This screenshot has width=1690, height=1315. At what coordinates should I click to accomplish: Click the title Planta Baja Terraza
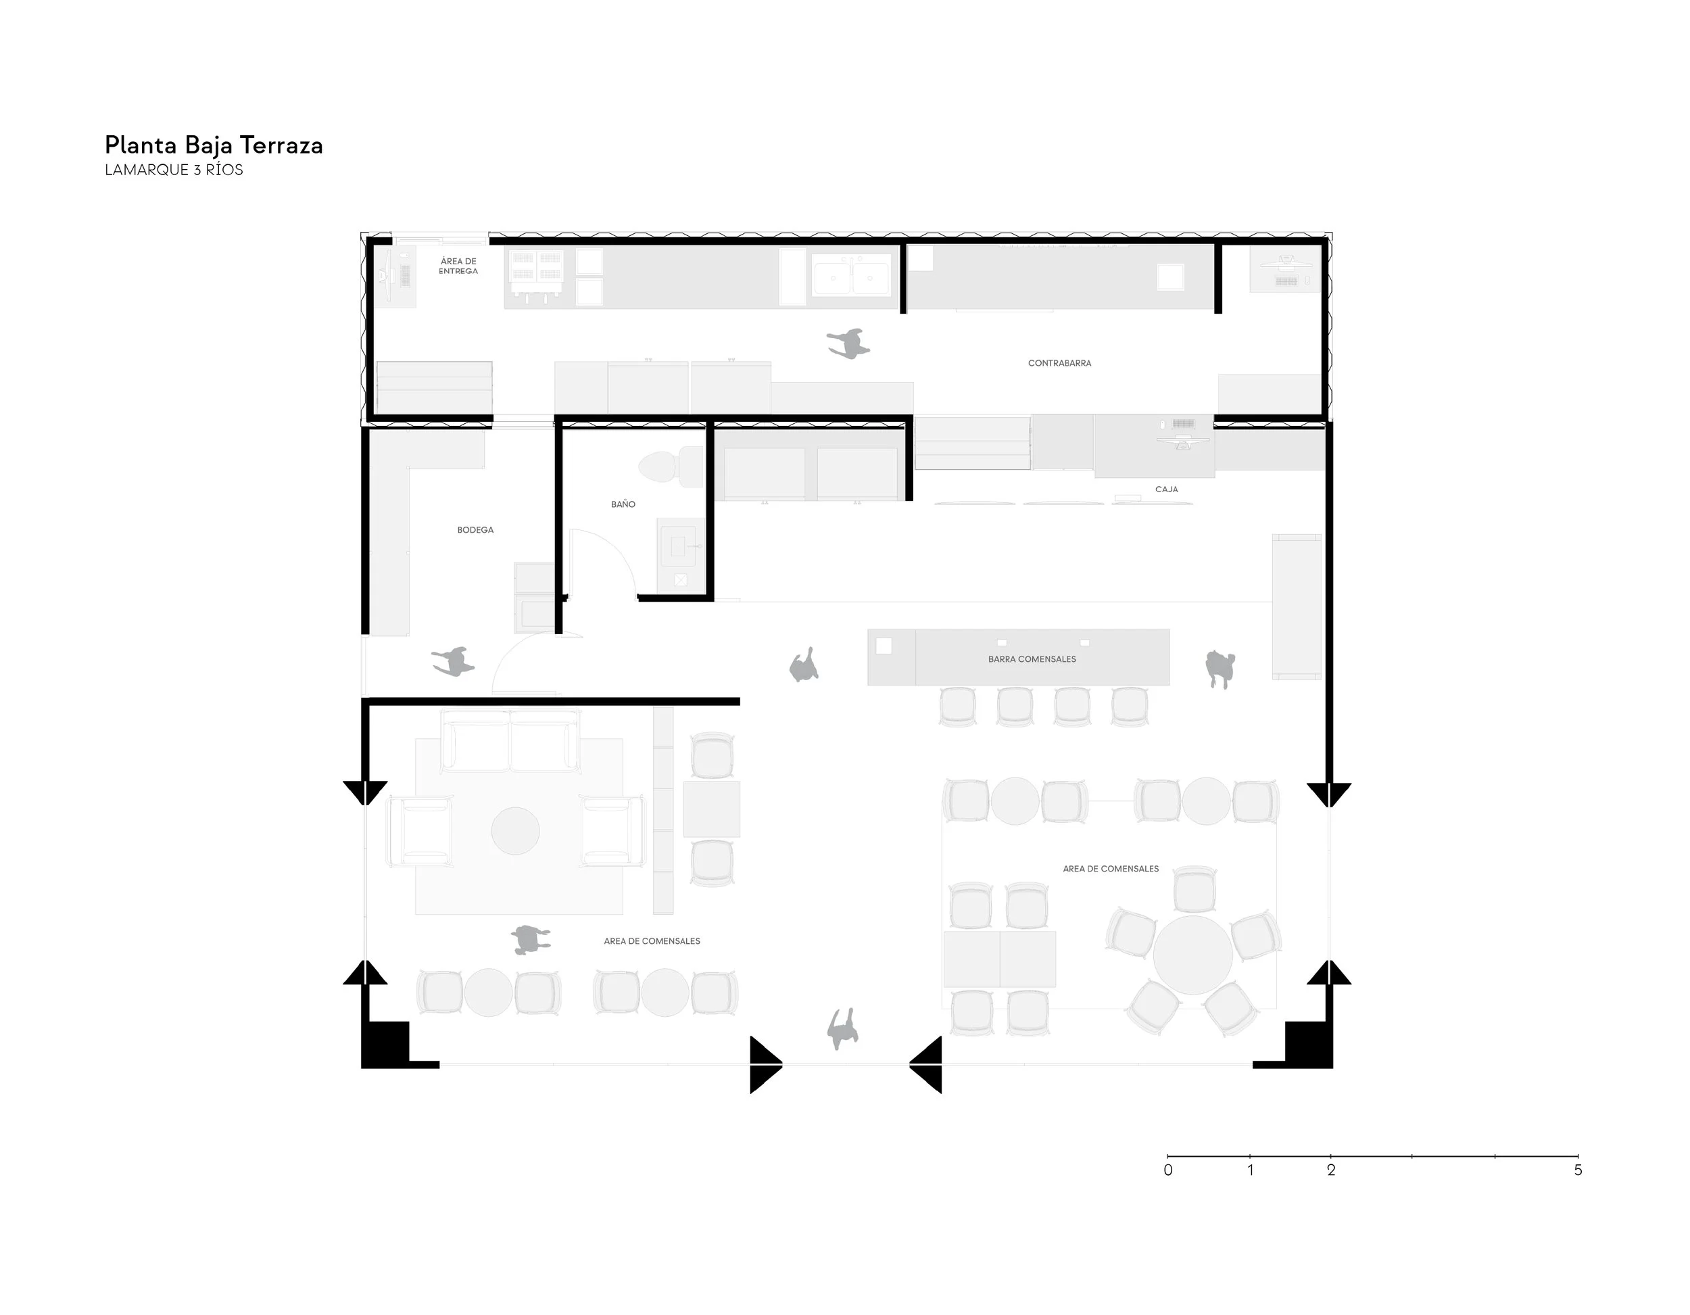[214, 145]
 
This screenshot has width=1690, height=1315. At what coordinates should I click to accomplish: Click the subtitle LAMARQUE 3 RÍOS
[174, 170]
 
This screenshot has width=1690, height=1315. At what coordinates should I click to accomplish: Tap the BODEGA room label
[475, 530]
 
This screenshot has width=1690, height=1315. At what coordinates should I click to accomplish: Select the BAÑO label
[623, 504]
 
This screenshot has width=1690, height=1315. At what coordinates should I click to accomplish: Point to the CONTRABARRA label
[1059, 363]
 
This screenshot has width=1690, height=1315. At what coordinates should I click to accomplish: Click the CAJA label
[1166, 489]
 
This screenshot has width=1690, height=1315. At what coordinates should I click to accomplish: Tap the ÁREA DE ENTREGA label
[458, 266]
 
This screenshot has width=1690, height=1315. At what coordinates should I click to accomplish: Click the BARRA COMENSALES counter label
[1032, 659]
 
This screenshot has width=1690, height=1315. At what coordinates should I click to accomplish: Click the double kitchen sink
[851, 277]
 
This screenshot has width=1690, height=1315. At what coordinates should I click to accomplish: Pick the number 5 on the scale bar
[1578, 1170]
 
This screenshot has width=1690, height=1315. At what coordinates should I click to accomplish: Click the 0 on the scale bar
[1167, 1170]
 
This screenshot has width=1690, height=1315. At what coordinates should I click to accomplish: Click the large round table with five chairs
[1192, 955]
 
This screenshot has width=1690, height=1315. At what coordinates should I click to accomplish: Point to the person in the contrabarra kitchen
[849, 343]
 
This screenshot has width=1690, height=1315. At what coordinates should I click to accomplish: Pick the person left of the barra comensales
[804, 667]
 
